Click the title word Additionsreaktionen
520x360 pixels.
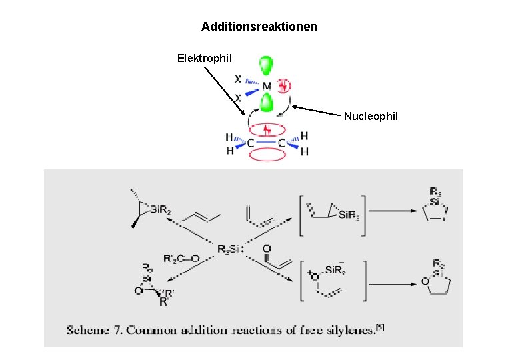click(259, 27)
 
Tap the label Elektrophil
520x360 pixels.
click(205, 59)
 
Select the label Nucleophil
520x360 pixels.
click(371, 117)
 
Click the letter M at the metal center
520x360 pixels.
click(267, 87)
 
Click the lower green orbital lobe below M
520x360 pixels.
click(267, 103)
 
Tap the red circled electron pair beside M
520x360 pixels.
click(283, 86)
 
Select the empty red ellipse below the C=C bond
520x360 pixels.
click(266, 153)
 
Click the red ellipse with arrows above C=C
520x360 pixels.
click(267, 129)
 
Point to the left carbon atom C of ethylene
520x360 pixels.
click(250, 142)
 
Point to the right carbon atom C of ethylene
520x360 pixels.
click(282, 142)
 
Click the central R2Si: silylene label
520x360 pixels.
click(230, 249)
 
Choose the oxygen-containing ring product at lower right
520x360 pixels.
click(437, 275)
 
